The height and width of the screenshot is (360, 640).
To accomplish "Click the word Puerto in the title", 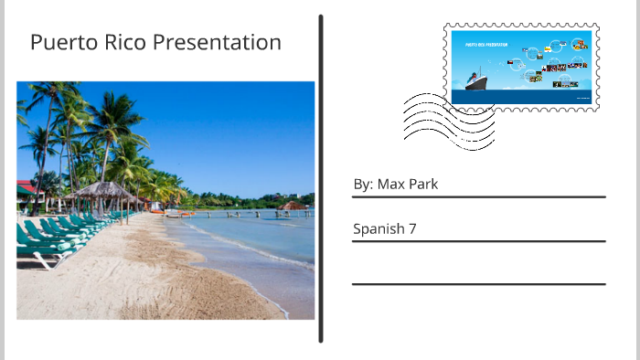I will (59, 43).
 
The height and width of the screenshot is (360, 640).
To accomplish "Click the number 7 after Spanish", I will (412, 229).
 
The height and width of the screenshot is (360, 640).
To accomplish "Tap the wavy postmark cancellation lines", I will (447, 122).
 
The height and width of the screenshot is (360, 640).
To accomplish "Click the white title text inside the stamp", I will (486, 44).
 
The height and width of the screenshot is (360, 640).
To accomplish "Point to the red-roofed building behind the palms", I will (25, 186).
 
